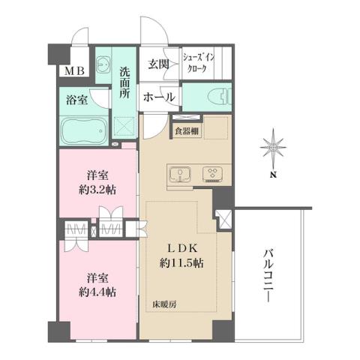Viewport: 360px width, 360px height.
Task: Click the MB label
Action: click(73, 72)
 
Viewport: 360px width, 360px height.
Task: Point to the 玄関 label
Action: click(157, 65)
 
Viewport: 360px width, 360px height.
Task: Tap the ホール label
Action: click(159, 97)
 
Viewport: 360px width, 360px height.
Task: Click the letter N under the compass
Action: click(274, 176)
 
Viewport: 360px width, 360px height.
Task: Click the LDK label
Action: click(180, 248)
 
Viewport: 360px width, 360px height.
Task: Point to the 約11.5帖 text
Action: click(180, 263)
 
